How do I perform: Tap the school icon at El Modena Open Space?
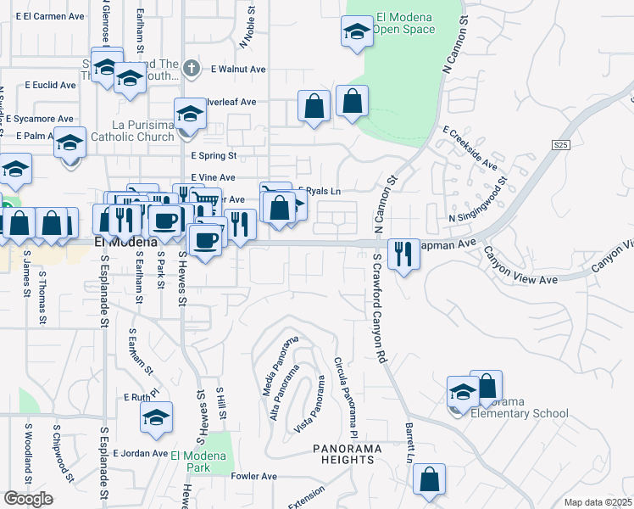tap(357, 33)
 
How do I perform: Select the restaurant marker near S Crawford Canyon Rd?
tap(403, 253)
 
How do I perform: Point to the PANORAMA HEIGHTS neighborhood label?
tap(342, 454)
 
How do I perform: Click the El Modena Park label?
tap(198, 461)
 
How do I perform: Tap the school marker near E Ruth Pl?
tap(157, 417)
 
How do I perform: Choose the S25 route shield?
tap(560, 145)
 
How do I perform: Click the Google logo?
tap(27, 499)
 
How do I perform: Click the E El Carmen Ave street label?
tap(54, 16)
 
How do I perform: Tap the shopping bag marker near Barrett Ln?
tap(430, 479)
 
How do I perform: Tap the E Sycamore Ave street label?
tap(40, 119)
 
